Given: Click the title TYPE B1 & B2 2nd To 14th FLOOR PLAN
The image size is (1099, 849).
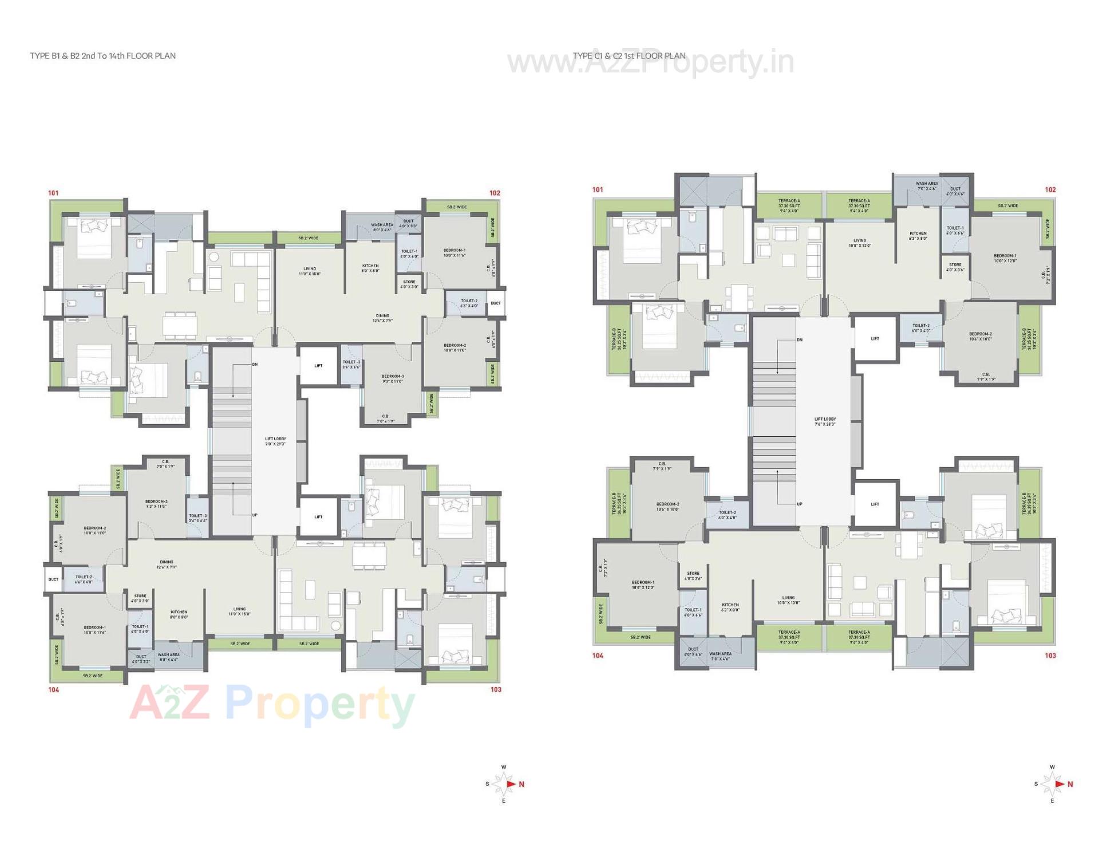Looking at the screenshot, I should point(103,56).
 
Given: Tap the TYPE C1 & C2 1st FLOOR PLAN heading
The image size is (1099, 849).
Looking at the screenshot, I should point(629,56).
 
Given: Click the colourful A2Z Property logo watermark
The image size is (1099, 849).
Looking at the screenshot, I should point(272,705).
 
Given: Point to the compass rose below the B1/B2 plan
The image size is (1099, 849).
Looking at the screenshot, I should point(504,784).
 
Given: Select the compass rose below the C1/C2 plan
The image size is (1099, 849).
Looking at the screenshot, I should point(1053,784).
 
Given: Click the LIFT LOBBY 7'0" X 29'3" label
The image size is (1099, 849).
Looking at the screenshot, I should point(275,441).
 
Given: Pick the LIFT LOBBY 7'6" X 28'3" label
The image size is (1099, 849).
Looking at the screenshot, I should point(825,422).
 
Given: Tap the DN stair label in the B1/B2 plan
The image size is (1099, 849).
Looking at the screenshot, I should point(255,365).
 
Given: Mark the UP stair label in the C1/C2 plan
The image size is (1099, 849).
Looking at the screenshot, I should point(800,504).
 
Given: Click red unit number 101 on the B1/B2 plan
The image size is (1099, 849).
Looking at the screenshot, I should point(53,193).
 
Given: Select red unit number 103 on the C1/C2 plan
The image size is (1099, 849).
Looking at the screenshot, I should point(1050,655).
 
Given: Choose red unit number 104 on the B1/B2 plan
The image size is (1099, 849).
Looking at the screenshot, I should point(53,690).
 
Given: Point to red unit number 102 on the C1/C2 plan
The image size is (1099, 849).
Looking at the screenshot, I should point(1050,189).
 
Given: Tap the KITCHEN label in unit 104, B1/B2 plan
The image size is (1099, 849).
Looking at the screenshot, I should point(179,614).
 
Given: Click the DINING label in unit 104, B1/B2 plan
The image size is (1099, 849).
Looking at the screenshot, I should point(167,564).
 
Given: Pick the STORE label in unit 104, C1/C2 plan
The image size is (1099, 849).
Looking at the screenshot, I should point(693,575).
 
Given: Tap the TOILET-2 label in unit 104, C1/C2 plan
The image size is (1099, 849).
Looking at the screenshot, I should point(728,515).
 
